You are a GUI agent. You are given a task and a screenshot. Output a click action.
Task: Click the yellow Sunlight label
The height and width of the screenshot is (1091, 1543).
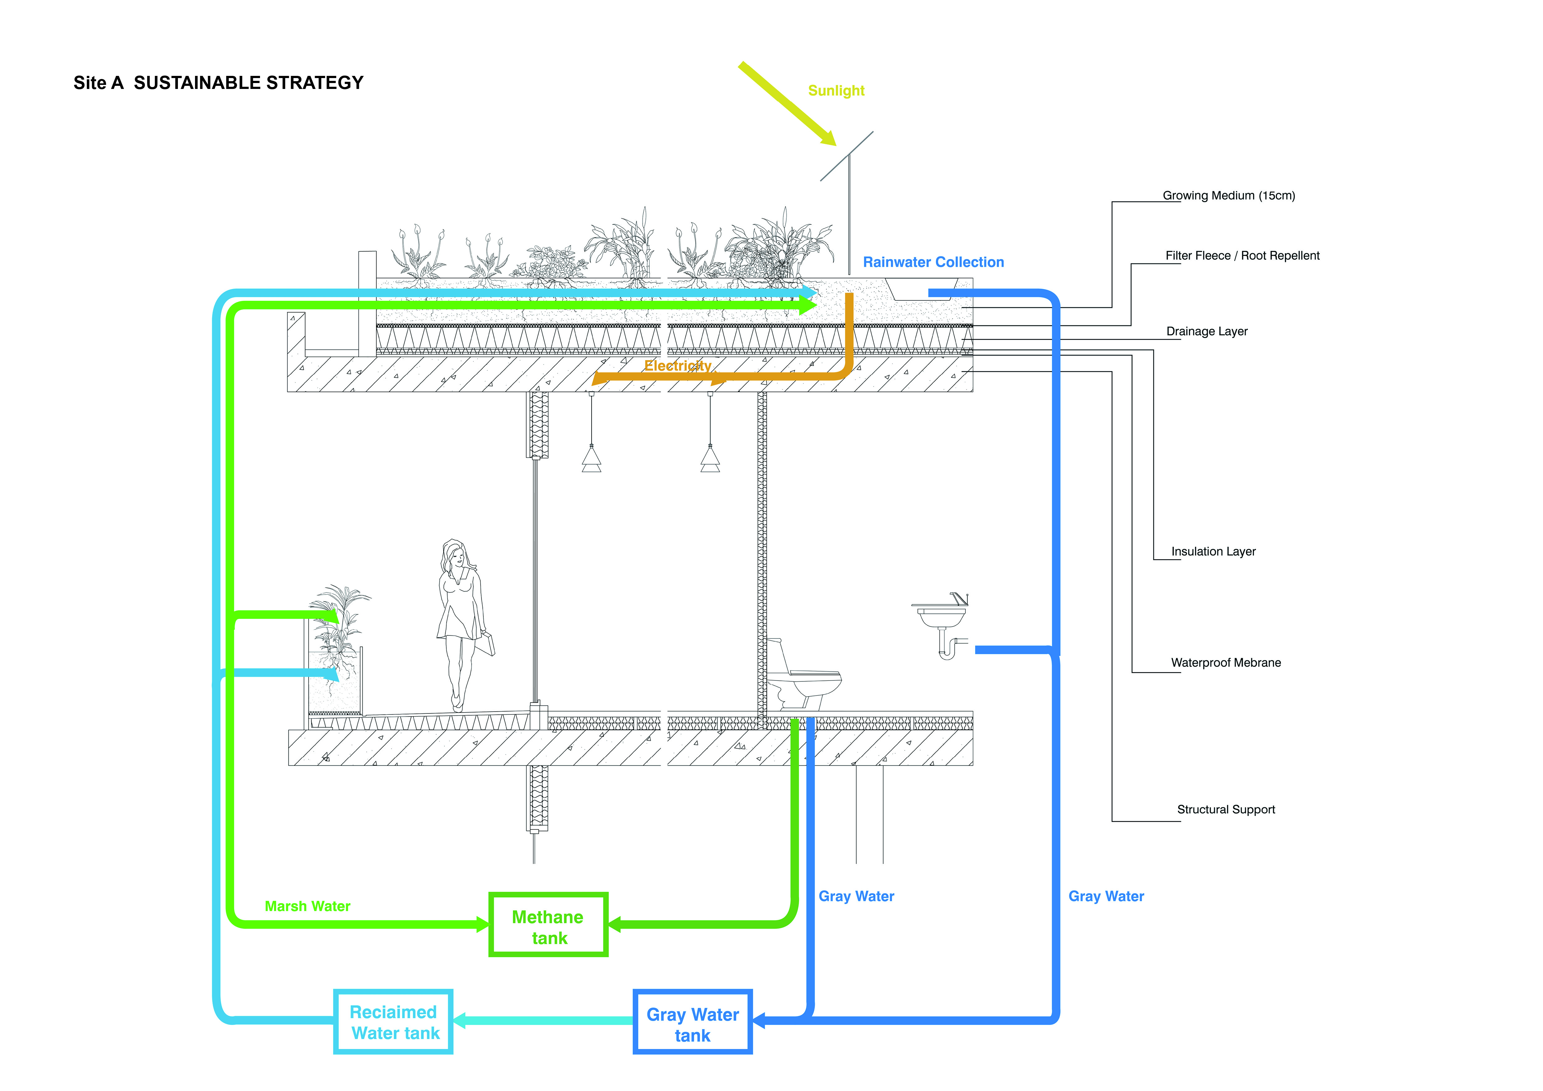point(836,91)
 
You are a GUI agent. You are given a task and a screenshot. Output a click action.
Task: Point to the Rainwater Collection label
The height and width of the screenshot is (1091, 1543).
point(933,262)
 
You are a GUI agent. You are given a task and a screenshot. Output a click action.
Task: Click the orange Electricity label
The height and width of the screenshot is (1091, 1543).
point(677,365)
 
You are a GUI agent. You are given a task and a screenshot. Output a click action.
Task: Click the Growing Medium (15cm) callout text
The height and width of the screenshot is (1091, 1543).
point(1229,196)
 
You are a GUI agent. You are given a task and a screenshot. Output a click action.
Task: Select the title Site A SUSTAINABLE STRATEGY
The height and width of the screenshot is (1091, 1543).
point(218,83)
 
